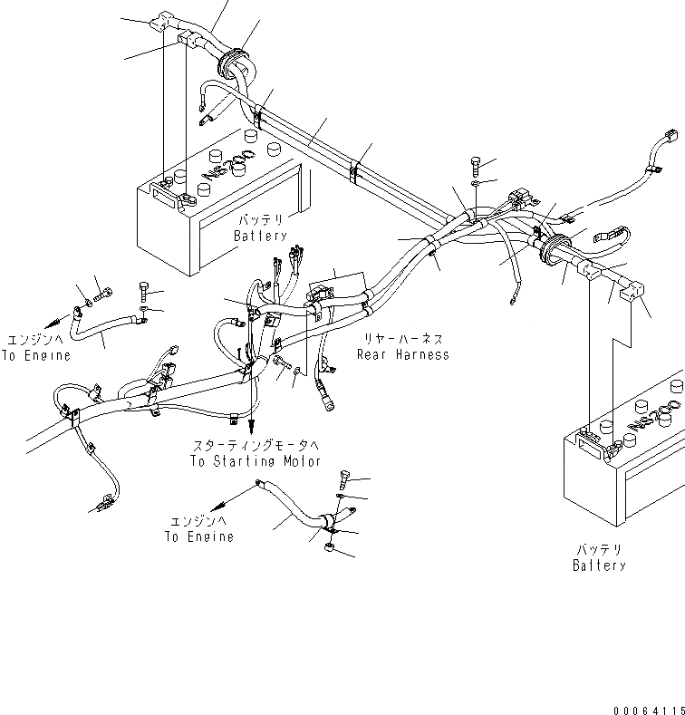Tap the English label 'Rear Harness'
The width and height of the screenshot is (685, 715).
coord(402,354)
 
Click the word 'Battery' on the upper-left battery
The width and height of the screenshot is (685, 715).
coord(260,236)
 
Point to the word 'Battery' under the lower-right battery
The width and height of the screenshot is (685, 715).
coord(599,565)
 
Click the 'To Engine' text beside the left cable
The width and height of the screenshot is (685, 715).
coord(35,355)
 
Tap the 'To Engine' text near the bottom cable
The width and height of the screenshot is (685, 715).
coord(198,536)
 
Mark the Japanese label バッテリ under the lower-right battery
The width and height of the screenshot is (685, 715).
coord(599,550)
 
